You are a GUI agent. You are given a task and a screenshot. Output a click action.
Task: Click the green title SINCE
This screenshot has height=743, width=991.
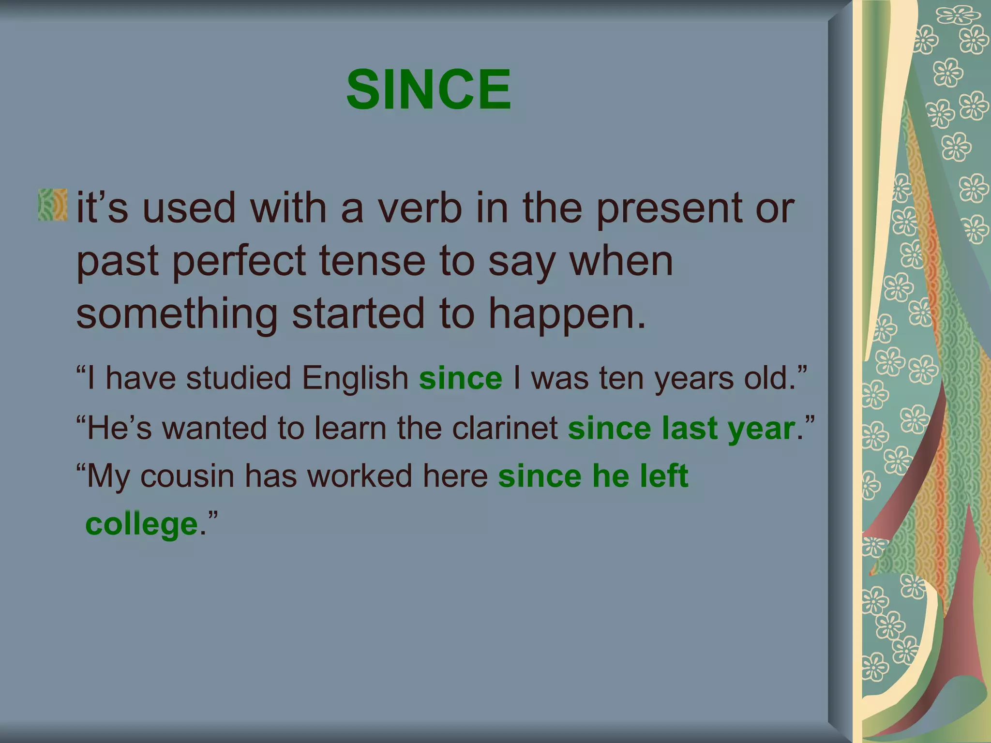pyautogui.click(x=429, y=89)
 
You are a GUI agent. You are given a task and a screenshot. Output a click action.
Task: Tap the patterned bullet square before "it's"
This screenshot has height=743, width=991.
pyautogui.click(x=53, y=205)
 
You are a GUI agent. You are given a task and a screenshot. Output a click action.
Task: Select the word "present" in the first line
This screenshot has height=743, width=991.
pyautogui.click(x=668, y=209)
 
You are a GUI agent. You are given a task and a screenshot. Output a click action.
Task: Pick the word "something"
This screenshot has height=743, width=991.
pyautogui.click(x=177, y=314)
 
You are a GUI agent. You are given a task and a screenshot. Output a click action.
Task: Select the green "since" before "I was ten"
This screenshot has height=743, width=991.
pyautogui.click(x=461, y=378)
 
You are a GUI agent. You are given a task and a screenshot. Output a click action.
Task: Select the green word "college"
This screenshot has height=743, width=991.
pyautogui.click(x=142, y=525)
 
